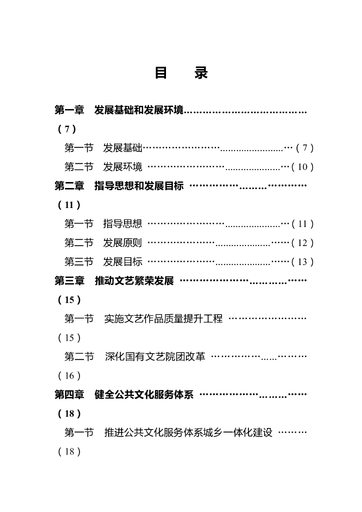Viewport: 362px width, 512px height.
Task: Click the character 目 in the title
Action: [x=160, y=73]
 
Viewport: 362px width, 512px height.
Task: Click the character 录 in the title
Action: [x=201, y=73]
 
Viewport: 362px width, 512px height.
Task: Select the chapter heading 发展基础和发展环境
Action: [x=139, y=110]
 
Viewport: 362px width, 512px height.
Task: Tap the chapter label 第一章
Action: [x=69, y=110]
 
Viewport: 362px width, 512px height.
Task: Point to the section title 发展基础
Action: [x=123, y=148]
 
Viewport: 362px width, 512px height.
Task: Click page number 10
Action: [x=302, y=167]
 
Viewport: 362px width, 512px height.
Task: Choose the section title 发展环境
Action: [x=123, y=167]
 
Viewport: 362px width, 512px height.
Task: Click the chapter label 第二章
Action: [x=69, y=186]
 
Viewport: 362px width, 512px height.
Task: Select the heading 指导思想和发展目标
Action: [x=139, y=186]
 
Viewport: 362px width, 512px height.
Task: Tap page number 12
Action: [x=302, y=243]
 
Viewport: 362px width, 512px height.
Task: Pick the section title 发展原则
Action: [x=123, y=243]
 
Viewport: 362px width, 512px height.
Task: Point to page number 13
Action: [x=302, y=262]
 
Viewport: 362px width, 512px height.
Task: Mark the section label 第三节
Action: [x=79, y=262]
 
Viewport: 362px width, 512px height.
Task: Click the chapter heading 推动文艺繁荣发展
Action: [x=134, y=281]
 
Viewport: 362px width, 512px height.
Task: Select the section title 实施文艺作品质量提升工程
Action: [x=163, y=319]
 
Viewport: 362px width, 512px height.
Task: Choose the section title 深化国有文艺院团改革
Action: [x=155, y=357]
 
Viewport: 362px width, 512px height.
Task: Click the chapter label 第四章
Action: [x=69, y=395]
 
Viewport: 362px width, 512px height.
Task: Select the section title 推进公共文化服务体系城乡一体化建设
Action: [x=188, y=433]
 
